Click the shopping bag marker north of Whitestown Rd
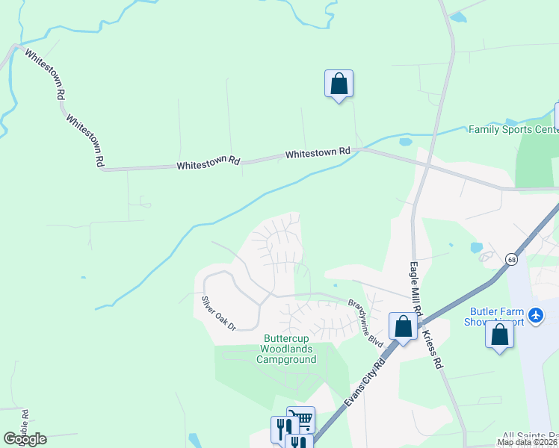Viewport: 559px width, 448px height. click(339, 84)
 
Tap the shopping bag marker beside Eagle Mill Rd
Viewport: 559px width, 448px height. click(403, 327)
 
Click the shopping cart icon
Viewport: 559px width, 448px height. click(301, 420)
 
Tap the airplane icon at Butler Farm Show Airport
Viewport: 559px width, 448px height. click(535, 316)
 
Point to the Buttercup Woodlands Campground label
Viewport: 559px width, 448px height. click(286, 349)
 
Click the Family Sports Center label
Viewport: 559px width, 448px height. click(513, 129)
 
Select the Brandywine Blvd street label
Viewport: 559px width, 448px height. click(365, 322)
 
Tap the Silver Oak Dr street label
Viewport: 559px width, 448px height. click(218, 314)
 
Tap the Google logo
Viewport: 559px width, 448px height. click(25, 439)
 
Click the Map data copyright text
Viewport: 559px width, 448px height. click(525, 442)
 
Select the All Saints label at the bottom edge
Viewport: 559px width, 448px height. click(530, 435)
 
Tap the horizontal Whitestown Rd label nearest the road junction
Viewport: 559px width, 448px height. click(318, 152)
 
